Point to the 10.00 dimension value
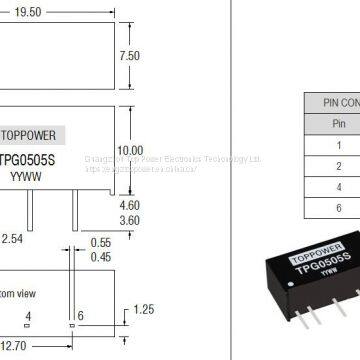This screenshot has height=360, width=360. [130, 150]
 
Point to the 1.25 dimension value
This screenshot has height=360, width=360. [146, 312]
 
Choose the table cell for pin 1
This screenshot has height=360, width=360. [339, 143]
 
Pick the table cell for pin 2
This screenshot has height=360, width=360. [339, 165]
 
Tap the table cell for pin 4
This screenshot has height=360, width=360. [339, 187]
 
